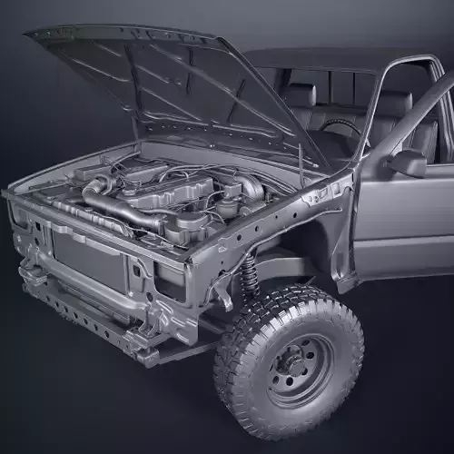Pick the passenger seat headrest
pyautogui.click(x=301, y=94)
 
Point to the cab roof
pyautogui.click(x=309, y=59)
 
